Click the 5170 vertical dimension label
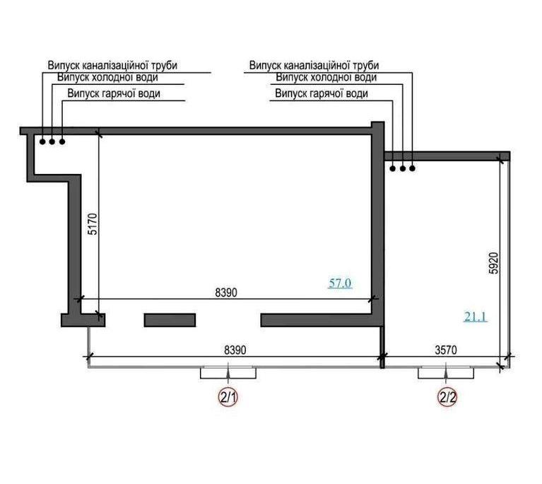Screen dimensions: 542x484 tap(93, 224)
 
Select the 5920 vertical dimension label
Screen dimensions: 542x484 tap(494, 263)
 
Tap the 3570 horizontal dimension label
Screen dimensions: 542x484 tap(446, 350)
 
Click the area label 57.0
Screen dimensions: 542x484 tap(340, 283)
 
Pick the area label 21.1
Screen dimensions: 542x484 tap(476, 317)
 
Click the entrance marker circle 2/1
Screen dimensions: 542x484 tap(228, 397)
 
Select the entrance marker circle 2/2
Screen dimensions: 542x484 tap(447, 397)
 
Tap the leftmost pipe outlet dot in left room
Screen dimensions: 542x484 tap(42, 142)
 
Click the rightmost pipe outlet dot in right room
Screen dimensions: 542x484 tap(413, 168)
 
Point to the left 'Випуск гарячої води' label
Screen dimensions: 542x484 tap(114, 93)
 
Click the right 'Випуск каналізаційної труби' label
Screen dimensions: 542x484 tap(314, 65)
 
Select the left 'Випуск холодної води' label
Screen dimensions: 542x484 tap(107, 77)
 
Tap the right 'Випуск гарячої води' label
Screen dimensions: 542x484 tap(322, 93)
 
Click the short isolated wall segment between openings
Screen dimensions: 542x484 tap(170, 321)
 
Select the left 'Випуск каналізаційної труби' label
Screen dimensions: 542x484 tap(112, 65)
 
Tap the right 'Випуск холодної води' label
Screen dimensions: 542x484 tap(326, 77)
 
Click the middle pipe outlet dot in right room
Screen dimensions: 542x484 tap(403, 168)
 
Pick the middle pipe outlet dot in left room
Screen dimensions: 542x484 tap(52, 142)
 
